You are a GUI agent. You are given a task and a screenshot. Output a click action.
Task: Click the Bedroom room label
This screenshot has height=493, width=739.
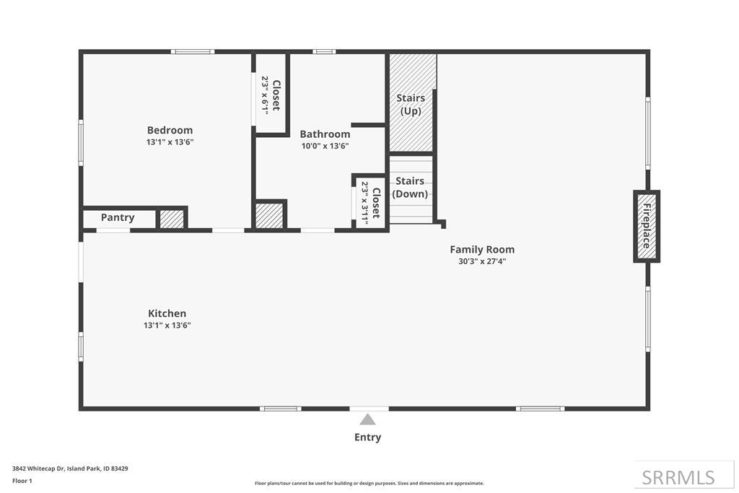[x=170, y=130]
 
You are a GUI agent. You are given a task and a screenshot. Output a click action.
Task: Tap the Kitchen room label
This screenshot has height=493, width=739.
[x=167, y=313]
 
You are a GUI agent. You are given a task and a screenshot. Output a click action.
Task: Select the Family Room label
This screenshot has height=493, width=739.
[x=482, y=250]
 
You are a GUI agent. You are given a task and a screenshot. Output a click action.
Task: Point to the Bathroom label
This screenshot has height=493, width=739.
[x=325, y=134]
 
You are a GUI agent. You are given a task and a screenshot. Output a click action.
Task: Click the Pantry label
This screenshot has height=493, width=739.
[x=118, y=217]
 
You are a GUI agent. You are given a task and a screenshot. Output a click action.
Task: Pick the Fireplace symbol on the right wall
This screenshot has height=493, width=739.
[x=646, y=226]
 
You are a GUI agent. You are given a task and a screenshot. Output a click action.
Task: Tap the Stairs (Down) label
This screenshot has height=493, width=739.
[x=410, y=187]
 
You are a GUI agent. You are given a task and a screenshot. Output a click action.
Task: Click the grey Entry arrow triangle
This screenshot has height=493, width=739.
[x=368, y=419]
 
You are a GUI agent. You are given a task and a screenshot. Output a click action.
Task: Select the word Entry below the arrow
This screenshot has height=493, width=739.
[x=367, y=437]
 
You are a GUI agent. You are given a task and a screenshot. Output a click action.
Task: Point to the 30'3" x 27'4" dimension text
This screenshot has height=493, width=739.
[x=482, y=261]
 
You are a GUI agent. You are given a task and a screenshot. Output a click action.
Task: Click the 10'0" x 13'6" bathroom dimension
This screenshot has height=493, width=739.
[x=325, y=146]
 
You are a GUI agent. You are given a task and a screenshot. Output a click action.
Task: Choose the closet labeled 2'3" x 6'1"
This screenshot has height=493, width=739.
[x=271, y=94]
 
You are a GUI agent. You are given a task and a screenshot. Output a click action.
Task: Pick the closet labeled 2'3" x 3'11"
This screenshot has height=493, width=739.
[x=370, y=203]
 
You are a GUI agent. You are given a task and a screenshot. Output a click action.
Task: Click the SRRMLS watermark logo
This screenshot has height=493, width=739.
[x=678, y=477]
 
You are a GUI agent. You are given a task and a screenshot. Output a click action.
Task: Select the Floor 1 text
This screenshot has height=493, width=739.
[x=22, y=480]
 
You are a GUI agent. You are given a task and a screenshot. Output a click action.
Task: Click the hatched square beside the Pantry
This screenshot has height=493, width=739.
[x=172, y=219]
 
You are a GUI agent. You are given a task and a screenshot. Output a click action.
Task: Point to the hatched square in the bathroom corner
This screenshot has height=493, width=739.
[x=269, y=215]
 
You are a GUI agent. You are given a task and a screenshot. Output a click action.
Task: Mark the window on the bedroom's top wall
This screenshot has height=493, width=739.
[x=192, y=51]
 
